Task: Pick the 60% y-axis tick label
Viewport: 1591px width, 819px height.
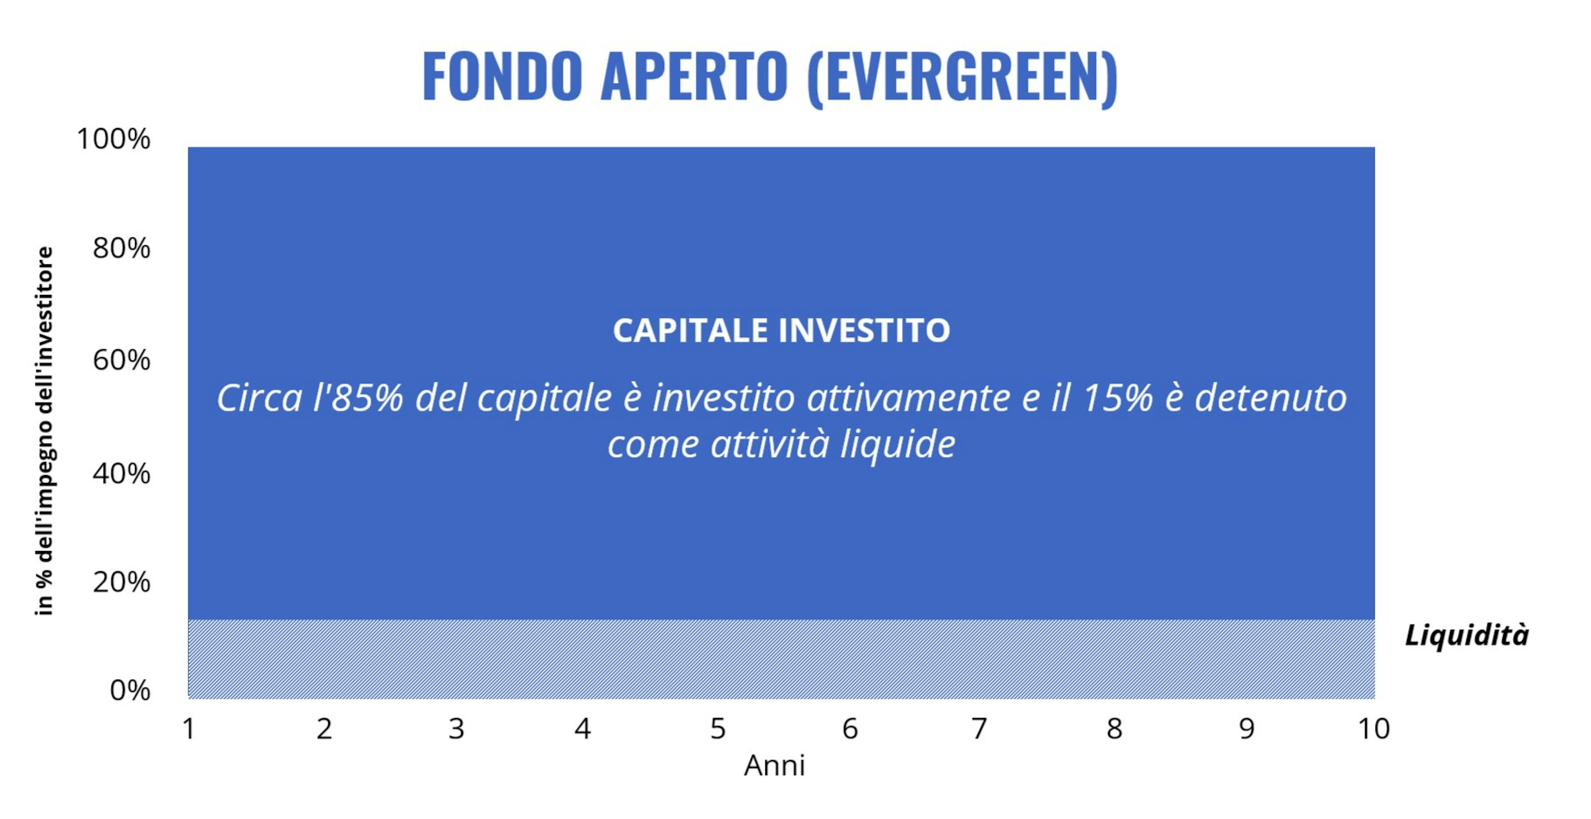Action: tap(121, 360)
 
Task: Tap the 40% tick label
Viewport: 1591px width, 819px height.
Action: tap(121, 474)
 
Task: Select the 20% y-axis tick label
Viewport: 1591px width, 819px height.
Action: tap(121, 582)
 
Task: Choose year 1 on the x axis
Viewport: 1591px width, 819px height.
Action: tap(189, 729)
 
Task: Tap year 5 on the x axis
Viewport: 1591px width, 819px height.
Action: tap(718, 729)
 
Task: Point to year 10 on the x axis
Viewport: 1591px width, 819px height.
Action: tap(1373, 729)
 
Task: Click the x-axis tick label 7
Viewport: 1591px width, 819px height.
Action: tap(979, 729)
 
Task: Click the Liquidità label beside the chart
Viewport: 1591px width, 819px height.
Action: tap(1467, 635)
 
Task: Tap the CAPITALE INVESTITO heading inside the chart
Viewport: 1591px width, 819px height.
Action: tap(781, 331)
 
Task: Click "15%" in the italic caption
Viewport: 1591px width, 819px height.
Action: tap(1118, 398)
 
